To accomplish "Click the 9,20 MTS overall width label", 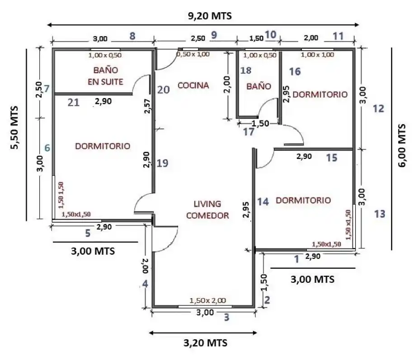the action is [x=210, y=16].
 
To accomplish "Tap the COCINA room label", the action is [x=193, y=85].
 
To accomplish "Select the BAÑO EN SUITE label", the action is [x=106, y=76].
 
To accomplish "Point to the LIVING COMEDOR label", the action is [x=207, y=210].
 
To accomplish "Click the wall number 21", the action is [x=73, y=103].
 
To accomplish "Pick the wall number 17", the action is [x=249, y=131].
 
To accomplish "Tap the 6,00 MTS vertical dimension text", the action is [x=402, y=145].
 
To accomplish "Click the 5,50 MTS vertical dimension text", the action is [x=14, y=128].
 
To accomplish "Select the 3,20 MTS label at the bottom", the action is [x=205, y=343].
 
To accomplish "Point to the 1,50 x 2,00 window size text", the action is [x=208, y=300].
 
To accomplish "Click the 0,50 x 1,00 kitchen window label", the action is [x=193, y=54].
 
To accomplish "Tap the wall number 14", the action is [x=263, y=202].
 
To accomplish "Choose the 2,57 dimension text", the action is [x=147, y=106].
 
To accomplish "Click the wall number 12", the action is [x=378, y=108].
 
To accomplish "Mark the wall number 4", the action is [x=146, y=284].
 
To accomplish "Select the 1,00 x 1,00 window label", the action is [x=317, y=55].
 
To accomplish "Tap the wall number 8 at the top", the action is [x=132, y=36].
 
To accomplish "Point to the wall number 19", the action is [x=162, y=163].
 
